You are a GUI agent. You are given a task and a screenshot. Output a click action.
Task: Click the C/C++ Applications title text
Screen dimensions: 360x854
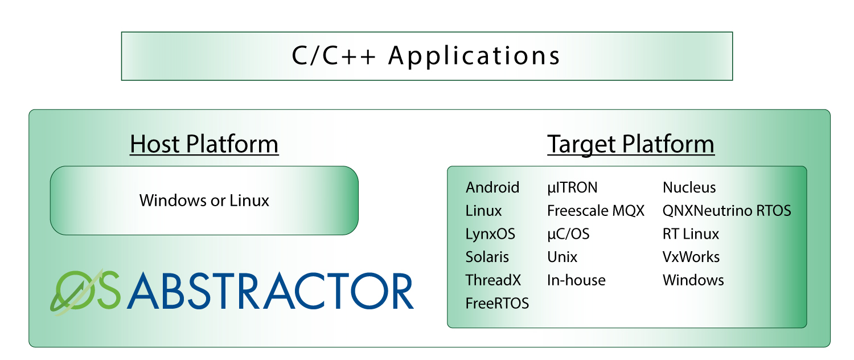426,56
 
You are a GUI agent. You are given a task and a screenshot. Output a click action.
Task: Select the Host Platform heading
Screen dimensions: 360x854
204,144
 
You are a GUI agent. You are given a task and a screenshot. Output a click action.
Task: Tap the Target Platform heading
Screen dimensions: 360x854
630,144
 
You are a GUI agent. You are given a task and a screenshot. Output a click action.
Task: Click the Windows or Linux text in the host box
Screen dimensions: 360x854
204,201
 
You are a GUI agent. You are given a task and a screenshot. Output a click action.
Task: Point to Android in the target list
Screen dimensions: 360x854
492,187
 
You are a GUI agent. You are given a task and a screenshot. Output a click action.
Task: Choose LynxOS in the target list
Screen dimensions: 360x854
490,234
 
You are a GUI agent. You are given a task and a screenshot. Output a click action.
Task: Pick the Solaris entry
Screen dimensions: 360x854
487,257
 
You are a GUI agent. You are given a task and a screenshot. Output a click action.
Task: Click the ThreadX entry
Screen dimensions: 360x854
493,280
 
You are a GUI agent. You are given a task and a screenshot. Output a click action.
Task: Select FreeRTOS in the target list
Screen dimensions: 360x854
497,304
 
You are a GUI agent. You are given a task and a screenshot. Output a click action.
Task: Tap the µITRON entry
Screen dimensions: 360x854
572,187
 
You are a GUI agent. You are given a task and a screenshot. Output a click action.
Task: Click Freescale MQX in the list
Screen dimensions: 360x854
596,211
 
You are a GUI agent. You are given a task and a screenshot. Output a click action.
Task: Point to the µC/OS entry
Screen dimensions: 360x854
568,234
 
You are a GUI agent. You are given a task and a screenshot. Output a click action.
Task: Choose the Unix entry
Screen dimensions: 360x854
562,257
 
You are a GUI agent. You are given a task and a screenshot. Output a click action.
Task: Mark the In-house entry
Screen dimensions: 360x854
576,280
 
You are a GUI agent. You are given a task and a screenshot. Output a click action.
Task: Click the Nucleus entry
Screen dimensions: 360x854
689,187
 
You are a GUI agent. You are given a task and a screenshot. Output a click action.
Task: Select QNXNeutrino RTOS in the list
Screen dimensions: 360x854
726,211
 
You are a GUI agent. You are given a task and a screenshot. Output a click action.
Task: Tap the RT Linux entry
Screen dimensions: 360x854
691,234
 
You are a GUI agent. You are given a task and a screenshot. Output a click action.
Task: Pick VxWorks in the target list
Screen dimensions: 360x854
691,257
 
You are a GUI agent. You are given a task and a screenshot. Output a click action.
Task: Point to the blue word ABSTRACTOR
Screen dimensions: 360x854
270,291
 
